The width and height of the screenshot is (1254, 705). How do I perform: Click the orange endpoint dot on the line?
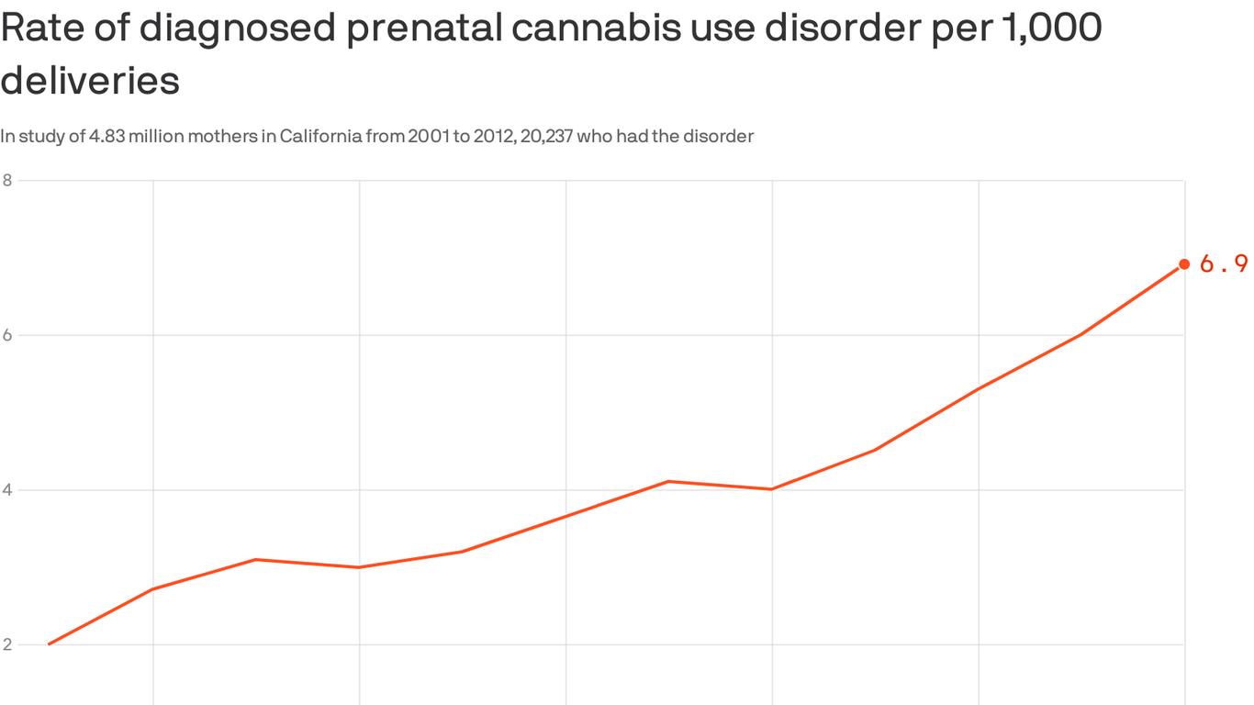click(1184, 264)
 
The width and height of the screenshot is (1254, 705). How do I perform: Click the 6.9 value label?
click(1223, 264)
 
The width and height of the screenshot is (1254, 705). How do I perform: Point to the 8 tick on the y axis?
click(7, 180)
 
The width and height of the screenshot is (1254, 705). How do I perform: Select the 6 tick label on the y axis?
click(7, 335)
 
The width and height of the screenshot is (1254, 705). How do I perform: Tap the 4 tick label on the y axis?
click(7, 489)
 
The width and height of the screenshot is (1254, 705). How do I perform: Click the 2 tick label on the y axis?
click(7, 644)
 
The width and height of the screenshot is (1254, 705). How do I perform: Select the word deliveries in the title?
click(89, 81)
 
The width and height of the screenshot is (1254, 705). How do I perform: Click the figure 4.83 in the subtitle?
click(106, 137)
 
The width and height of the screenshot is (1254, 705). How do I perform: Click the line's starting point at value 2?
click(49, 643)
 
